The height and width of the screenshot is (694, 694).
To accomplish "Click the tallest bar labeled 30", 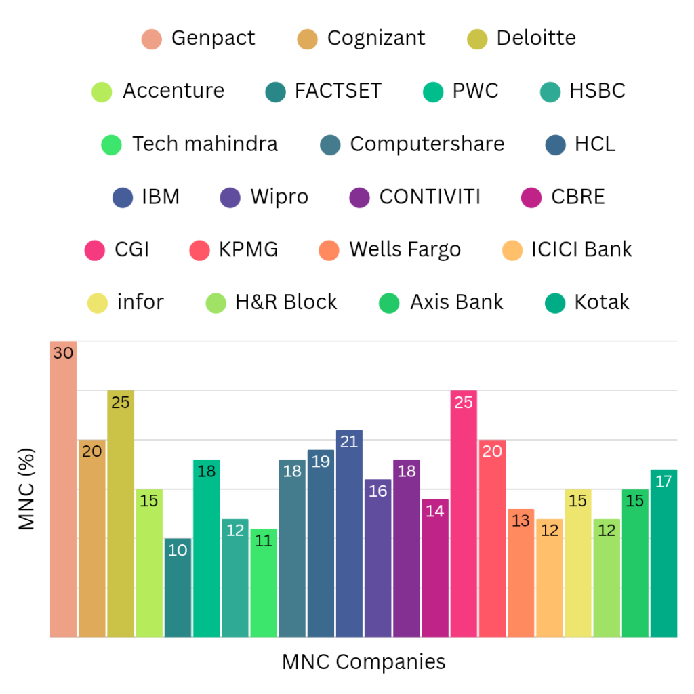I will click(x=64, y=488).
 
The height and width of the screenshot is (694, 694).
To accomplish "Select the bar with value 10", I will click(x=178, y=588).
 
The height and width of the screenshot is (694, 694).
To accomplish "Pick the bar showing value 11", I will click(x=264, y=583).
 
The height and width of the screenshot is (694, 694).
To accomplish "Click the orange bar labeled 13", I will click(x=520, y=573).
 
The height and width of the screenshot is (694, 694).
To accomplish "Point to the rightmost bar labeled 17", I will click(x=664, y=553).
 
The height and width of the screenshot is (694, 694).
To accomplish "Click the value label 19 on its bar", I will click(x=321, y=462).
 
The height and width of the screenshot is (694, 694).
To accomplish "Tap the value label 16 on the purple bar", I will click(x=377, y=491).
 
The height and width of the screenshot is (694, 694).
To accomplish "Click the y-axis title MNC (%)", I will click(x=26, y=489).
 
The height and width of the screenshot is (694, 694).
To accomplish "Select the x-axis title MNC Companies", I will click(x=364, y=661).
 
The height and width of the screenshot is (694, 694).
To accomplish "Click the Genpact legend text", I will click(x=213, y=38).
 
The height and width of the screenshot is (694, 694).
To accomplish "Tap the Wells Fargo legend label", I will click(x=405, y=249).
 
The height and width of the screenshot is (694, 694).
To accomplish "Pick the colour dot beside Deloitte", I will click(x=477, y=39).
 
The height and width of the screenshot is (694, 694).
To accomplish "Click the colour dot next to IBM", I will click(x=123, y=198).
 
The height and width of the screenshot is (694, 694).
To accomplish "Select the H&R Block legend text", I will click(x=286, y=302).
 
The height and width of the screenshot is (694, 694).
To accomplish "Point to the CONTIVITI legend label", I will click(x=430, y=197).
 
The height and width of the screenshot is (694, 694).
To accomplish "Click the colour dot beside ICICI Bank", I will click(x=512, y=251).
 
